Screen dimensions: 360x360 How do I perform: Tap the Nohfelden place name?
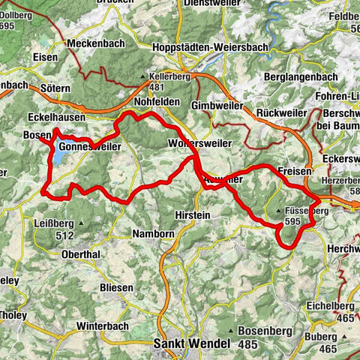(x=155, y=102)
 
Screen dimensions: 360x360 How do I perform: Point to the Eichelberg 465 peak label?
(x=331, y=310)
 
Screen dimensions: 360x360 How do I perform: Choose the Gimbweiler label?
(x=217, y=106)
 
